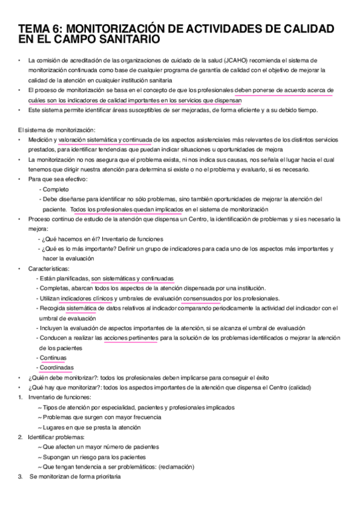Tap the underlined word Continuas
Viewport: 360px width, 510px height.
53,357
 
